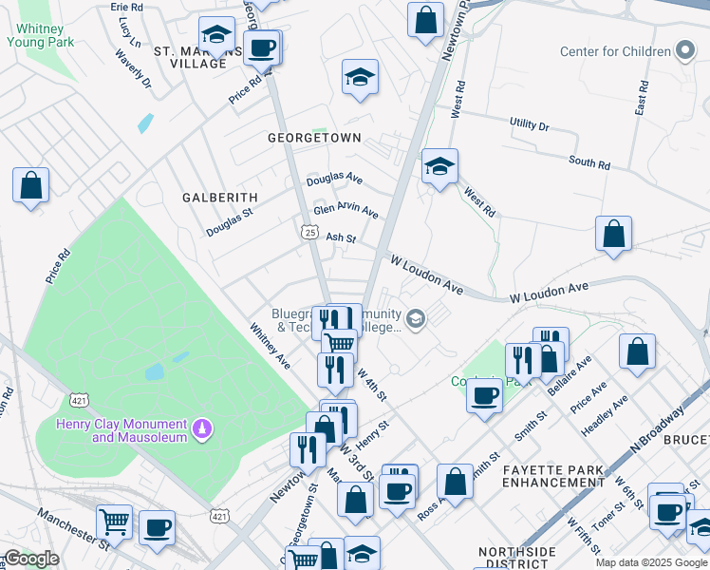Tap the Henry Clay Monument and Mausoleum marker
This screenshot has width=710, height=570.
(200, 431)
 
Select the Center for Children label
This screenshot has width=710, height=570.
(614, 51)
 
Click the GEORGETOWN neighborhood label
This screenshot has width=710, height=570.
(314, 138)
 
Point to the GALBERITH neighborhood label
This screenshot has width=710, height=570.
(219, 197)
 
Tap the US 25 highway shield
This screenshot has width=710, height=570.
(309, 231)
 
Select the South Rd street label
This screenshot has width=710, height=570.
(589, 162)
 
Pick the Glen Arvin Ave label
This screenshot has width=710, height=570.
(346, 211)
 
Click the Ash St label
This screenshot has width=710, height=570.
(341, 238)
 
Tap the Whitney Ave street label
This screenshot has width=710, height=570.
(270, 346)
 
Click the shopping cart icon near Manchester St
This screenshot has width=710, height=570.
(114, 521)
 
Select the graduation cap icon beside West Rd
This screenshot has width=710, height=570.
(439, 166)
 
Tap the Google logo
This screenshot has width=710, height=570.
(31, 559)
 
